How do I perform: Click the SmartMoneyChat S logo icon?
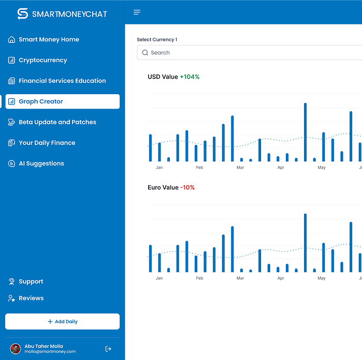click(23, 14)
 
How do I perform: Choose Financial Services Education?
click(57, 81)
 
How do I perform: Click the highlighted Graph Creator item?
click(62, 101)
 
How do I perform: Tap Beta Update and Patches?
click(52, 122)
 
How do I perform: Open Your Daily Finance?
click(41, 143)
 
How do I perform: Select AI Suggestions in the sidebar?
click(36, 163)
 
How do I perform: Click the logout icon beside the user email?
click(108, 349)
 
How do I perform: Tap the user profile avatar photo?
click(16, 349)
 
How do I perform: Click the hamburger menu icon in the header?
click(137, 12)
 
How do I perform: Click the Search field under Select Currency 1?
click(249, 53)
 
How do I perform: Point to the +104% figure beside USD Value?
click(190, 77)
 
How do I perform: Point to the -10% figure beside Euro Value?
click(187, 187)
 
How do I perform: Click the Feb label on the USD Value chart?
click(199, 168)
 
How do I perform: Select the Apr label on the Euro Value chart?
click(281, 278)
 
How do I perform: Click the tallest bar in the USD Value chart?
click(305, 132)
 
